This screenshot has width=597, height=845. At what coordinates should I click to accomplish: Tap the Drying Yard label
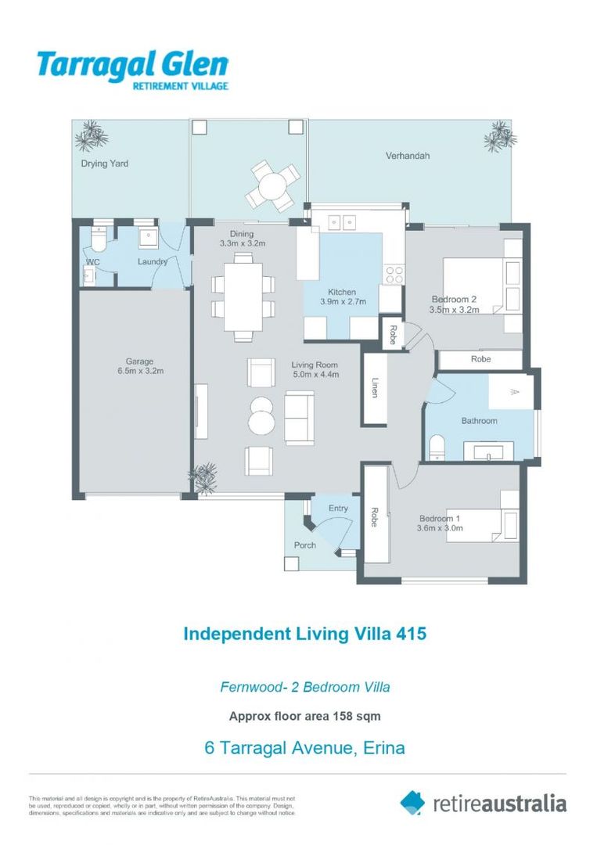click(x=104, y=164)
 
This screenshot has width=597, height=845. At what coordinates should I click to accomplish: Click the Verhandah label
click(x=407, y=156)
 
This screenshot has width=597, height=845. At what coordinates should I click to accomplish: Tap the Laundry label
click(x=153, y=261)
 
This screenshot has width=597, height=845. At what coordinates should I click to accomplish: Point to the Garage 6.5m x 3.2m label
click(x=135, y=366)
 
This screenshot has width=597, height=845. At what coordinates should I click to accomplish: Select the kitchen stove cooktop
click(x=394, y=274)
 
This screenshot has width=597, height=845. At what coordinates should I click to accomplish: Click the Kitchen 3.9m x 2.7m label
click(x=341, y=297)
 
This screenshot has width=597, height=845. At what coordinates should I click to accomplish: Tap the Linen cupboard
click(x=375, y=387)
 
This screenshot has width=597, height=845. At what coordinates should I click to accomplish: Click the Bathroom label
click(x=479, y=421)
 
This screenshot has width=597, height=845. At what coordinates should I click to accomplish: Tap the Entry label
click(x=338, y=509)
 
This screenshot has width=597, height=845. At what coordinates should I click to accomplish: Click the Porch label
click(x=304, y=545)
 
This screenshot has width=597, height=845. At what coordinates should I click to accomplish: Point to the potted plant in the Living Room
click(x=206, y=477)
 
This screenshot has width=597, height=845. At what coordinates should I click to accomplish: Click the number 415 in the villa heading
click(x=411, y=633)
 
